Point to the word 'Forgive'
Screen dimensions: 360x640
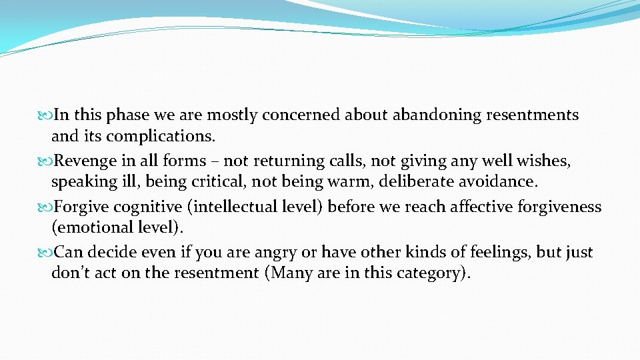(81, 207)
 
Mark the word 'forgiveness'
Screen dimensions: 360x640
(561, 207)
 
